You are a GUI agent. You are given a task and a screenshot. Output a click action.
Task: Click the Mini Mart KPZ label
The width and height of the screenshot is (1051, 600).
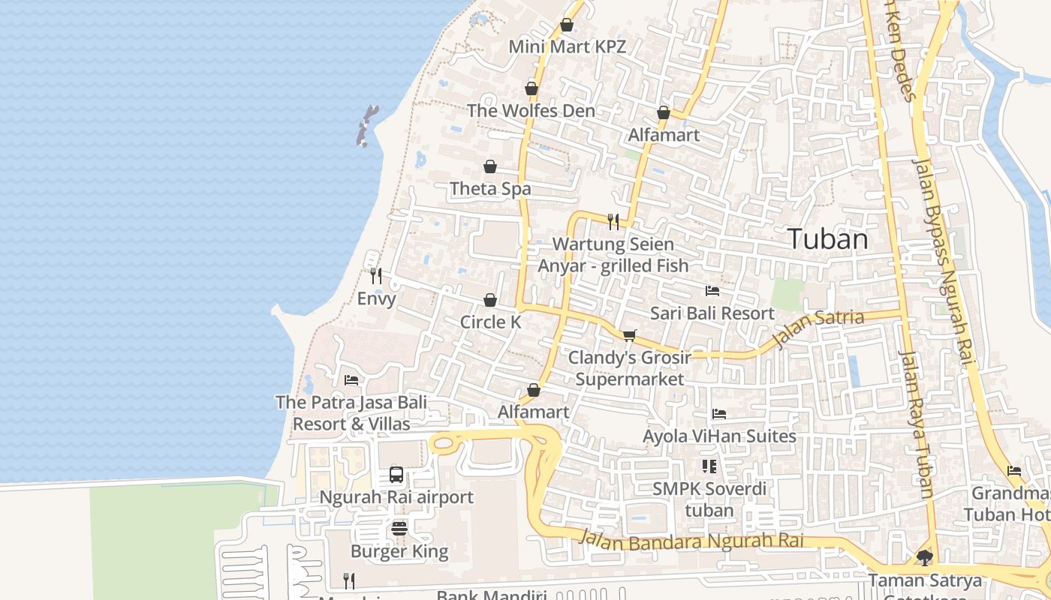click(x=567, y=46)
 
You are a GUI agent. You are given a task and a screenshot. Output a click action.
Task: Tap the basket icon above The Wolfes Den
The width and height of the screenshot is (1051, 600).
click(x=532, y=88)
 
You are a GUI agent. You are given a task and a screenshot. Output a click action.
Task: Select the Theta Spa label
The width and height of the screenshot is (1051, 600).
click(x=490, y=189)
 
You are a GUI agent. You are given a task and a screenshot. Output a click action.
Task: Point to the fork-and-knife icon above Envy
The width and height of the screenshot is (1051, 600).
click(x=376, y=276)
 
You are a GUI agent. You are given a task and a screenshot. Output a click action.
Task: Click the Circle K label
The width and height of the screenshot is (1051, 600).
click(x=490, y=322)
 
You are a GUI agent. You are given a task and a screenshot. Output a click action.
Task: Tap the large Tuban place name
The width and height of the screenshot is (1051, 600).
click(x=828, y=239)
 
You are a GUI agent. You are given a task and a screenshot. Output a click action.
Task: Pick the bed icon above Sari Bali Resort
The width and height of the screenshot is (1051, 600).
click(x=712, y=291)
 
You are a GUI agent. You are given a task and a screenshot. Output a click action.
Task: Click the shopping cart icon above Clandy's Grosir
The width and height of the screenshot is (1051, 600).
click(x=629, y=335)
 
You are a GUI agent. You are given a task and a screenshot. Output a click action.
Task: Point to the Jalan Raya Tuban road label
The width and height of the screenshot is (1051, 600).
click(x=917, y=424)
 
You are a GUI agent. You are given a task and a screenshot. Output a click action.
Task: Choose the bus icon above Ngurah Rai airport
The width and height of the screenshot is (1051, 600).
click(x=396, y=475)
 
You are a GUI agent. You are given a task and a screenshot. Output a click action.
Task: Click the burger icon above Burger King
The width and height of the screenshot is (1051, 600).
click(x=399, y=529)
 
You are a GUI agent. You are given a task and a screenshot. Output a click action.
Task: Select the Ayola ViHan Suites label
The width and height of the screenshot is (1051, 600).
click(x=719, y=436)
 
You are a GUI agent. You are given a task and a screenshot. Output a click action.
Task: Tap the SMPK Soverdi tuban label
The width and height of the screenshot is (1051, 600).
click(x=709, y=499)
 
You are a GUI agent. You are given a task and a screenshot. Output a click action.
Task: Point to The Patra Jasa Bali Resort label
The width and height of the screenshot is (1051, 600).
click(x=351, y=412)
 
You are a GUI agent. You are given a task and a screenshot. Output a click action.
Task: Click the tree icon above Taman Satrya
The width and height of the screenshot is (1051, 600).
click(x=924, y=557)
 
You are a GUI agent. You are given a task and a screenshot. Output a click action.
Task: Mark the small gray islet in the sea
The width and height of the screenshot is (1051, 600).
click(x=366, y=125)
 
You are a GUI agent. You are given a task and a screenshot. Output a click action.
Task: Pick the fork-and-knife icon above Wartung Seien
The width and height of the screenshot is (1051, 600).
click(x=613, y=221)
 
